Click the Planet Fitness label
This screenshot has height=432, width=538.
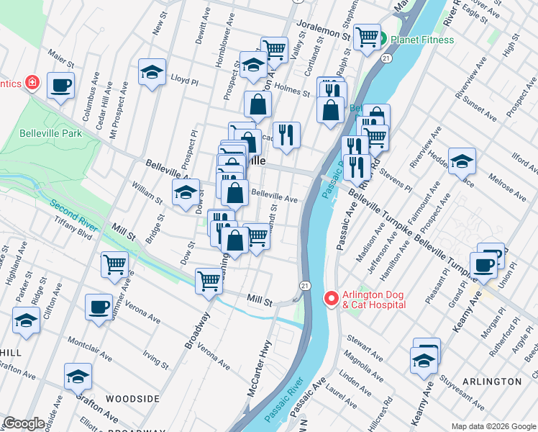tap(422, 40)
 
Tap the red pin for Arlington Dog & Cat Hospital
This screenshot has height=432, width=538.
tap(331, 297)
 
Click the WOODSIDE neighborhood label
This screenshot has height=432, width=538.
tap(132, 398)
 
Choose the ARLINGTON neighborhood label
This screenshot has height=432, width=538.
tap(491, 381)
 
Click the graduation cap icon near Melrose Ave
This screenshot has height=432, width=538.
tap(462, 161)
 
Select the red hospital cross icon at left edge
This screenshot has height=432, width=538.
tap(32, 84)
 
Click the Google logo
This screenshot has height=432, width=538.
tap(24, 423)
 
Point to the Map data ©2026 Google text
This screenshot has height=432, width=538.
tap(493, 426)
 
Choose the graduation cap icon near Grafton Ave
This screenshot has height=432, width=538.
tap(78, 377)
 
